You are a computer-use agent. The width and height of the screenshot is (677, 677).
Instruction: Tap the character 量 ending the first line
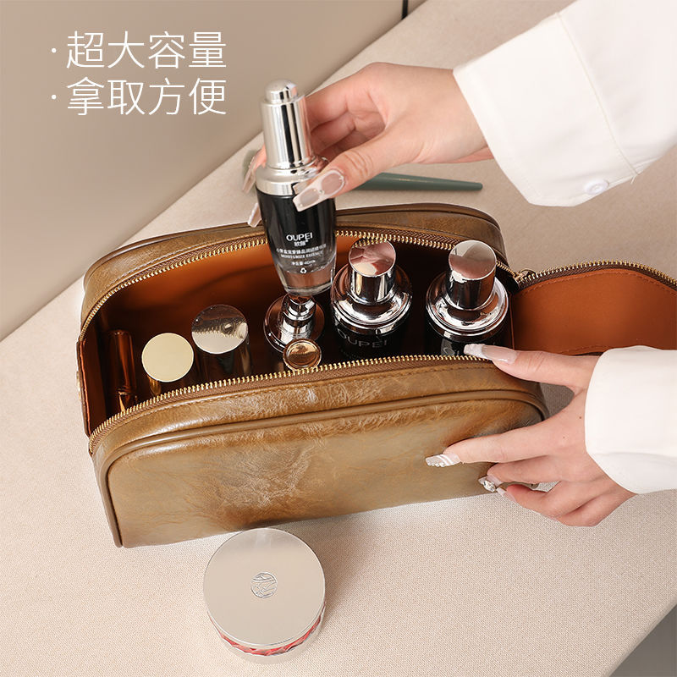coord(206,50)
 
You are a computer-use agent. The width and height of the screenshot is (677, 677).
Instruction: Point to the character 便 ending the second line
coord(206,96)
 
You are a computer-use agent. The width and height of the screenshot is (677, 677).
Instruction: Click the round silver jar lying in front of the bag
coord(263,592)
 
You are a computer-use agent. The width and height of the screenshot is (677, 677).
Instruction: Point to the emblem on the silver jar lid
coord(263,584)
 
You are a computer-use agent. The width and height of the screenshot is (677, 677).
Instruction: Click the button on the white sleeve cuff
coord(597,187)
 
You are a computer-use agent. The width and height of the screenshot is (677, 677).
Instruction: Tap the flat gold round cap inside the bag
coord(167,358)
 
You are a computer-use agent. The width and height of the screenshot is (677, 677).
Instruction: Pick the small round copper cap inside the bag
coord(302,355)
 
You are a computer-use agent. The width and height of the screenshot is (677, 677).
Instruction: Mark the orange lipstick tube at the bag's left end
coord(121,364)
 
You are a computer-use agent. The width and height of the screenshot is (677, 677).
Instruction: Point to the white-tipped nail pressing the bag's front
coord(443,460)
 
